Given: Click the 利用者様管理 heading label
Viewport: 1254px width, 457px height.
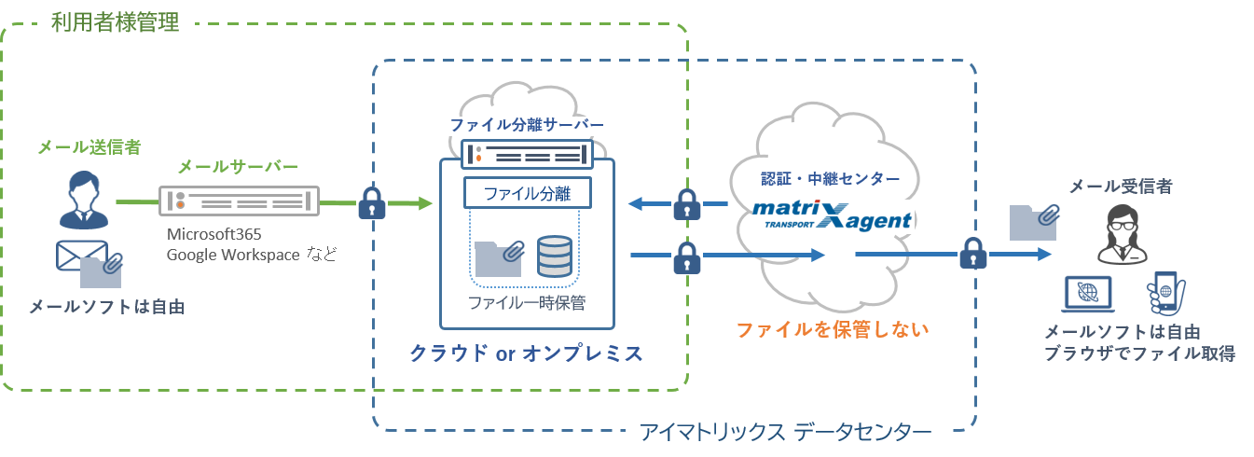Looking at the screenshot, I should [116, 22].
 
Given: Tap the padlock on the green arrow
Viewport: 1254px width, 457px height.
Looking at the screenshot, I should [372, 202].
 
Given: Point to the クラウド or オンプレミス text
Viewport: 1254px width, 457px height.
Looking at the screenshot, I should [526, 353].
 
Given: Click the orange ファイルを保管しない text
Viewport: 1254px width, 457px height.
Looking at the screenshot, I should [834, 329].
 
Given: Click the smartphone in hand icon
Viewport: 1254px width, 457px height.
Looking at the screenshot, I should [1164, 292].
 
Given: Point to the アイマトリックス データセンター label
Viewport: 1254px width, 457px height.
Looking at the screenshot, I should [785, 432].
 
